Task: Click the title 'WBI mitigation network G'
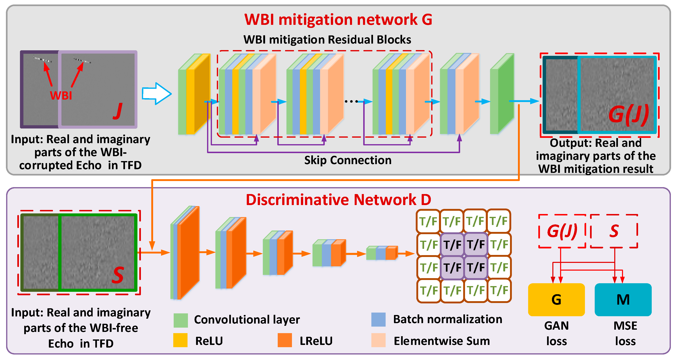click(x=338, y=20)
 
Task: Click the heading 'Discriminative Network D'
click(x=338, y=200)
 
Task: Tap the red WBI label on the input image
click(x=61, y=95)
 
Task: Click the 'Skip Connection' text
click(x=348, y=160)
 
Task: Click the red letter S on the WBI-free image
click(x=117, y=275)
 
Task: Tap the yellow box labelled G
click(x=556, y=300)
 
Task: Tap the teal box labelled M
click(x=623, y=300)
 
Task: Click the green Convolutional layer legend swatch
click(x=181, y=320)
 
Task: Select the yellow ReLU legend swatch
click(x=180, y=340)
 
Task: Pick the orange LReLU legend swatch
click(x=285, y=340)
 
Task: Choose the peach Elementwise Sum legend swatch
click(x=378, y=340)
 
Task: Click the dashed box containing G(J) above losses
click(x=562, y=231)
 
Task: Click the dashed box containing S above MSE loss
click(x=614, y=231)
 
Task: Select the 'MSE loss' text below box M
click(x=625, y=333)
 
